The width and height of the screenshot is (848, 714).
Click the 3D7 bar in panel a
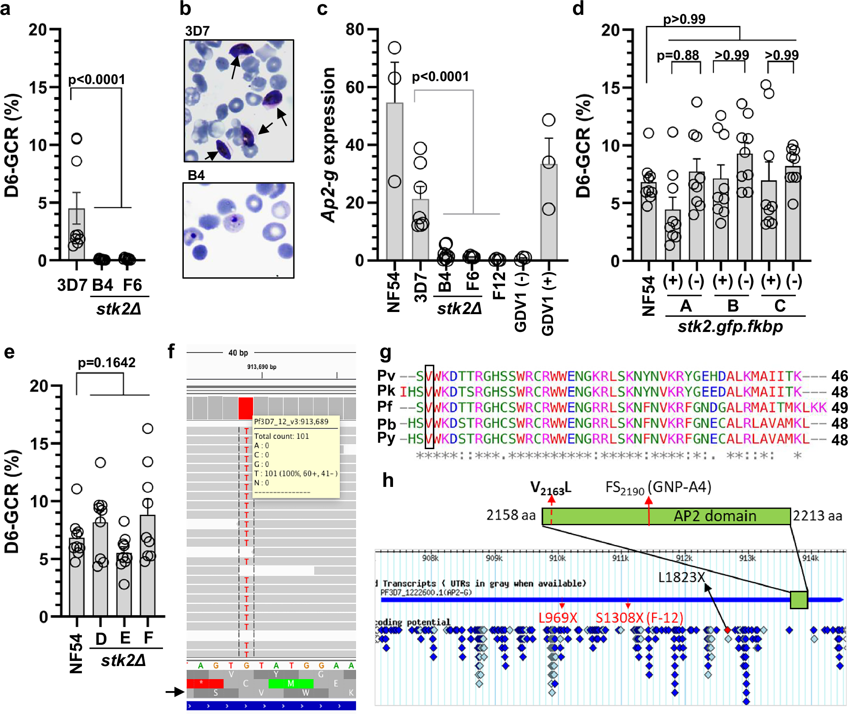coord(76,233)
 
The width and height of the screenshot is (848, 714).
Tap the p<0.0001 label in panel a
coord(97,79)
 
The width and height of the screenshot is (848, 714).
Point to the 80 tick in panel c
coord(355,29)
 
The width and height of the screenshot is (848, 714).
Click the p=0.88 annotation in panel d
coord(678,55)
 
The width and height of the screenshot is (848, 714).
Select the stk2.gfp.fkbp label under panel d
coord(730,326)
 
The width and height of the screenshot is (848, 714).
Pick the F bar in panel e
coord(147,565)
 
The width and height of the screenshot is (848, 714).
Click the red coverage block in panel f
coord(245,408)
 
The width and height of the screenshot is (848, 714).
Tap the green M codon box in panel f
coord(291,683)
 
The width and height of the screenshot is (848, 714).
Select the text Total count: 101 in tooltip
coord(281,436)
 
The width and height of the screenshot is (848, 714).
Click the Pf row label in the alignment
coord(385,407)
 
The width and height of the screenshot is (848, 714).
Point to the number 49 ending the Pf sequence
coord(839,408)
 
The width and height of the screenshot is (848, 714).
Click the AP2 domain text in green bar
coord(715,516)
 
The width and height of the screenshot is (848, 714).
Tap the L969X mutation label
coord(558,618)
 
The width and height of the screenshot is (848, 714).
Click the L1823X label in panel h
coord(681,577)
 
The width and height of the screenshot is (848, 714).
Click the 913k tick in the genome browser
coord(747,558)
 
